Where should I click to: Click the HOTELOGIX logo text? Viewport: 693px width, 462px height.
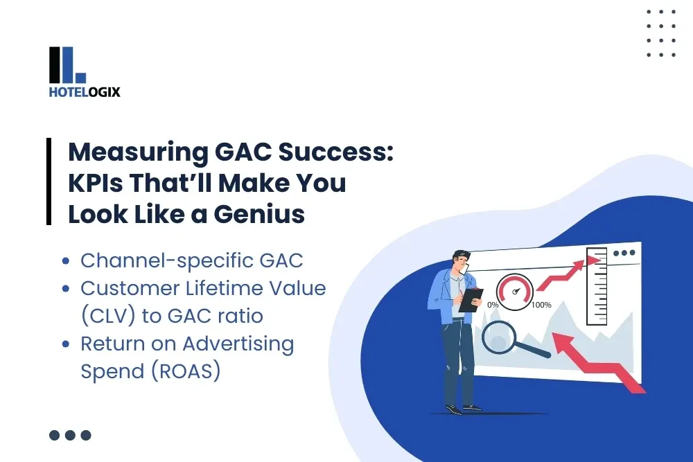click(x=85, y=91)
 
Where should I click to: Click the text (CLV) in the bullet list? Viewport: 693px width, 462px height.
click(x=111, y=316)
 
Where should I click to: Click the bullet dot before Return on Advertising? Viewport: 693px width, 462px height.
click(x=66, y=344)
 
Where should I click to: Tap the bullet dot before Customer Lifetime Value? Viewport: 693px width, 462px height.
click(x=66, y=289)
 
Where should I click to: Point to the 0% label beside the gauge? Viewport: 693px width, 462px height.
click(x=493, y=305)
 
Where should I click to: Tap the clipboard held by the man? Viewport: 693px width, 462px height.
click(x=472, y=299)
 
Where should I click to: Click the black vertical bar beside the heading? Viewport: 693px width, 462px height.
click(x=49, y=181)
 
